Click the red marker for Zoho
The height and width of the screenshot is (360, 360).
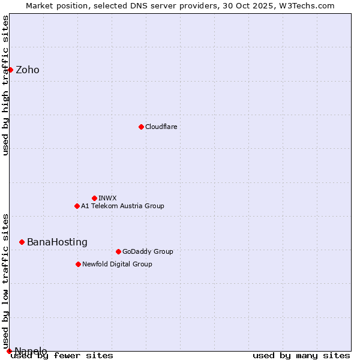(10, 70)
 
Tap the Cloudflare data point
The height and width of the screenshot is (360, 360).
(141, 127)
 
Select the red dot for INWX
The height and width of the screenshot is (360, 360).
(94, 198)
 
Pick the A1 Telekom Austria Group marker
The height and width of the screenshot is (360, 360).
(77, 206)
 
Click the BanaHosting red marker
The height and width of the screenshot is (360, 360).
(22, 242)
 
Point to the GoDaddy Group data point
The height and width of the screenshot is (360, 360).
(118, 251)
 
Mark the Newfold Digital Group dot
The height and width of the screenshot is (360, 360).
(78, 264)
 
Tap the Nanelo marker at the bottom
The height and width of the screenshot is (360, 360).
(9, 351)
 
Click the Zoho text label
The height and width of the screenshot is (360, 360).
(28, 70)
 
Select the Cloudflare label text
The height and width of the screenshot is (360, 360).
(161, 127)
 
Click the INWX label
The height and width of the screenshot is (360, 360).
(107, 198)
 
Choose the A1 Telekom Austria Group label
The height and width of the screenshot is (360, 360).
(122, 206)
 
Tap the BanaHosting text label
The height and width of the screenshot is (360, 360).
(57, 242)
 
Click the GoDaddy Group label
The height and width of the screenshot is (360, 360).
(147, 251)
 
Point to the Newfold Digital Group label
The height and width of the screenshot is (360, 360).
(117, 264)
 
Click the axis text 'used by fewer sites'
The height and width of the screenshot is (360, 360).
(62, 355)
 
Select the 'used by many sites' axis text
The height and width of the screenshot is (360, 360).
(301, 355)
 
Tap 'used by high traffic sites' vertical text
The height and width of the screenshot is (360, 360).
(5, 85)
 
